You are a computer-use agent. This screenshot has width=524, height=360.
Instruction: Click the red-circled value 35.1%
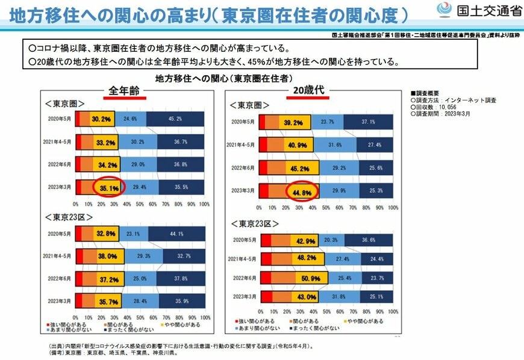point(109,187)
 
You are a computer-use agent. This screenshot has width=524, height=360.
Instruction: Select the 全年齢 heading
point(124,90)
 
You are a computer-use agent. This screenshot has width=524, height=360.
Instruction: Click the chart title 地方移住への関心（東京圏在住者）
point(224,78)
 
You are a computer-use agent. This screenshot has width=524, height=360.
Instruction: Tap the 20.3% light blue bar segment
point(331,239)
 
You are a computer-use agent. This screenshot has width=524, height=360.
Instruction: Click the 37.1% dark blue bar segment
point(369,123)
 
